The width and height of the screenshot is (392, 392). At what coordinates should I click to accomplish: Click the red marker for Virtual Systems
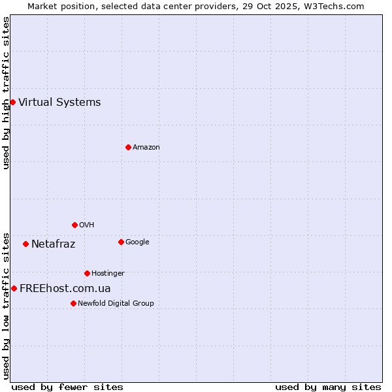[12, 102]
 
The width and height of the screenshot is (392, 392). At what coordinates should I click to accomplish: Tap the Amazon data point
[128, 147]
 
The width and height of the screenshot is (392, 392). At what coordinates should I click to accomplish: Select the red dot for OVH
[74, 225]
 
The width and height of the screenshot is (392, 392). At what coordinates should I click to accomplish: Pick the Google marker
[121, 242]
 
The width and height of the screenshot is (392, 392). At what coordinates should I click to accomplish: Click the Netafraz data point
[25, 244]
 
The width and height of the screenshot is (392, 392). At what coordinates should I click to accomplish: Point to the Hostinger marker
[87, 273]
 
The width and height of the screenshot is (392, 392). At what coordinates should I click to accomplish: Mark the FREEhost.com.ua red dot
[14, 288]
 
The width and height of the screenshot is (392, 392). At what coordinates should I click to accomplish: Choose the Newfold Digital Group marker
[73, 303]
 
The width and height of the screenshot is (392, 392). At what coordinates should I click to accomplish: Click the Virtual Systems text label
[59, 102]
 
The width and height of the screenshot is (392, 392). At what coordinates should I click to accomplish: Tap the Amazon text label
[146, 147]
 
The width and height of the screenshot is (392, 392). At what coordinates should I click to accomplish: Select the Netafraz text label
[53, 244]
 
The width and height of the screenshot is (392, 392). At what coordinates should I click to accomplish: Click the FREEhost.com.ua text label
[65, 288]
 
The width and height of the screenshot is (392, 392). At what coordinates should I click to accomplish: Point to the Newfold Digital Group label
[116, 303]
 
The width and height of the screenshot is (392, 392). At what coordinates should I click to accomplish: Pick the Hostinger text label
[108, 273]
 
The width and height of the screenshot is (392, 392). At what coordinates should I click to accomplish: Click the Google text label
[137, 242]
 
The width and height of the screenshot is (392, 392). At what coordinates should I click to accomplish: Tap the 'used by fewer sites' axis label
[67, 387]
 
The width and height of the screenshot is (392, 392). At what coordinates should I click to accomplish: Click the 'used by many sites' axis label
[328, 387]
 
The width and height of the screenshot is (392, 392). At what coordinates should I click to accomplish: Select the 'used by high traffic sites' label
[6, 93]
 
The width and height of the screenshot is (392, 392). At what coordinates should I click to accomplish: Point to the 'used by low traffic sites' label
[6, 306]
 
